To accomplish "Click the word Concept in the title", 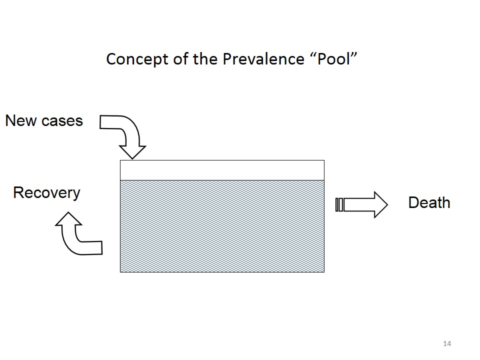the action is coord(137,59).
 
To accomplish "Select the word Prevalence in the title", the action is coord(263,59).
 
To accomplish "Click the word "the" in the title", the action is coord(205,58).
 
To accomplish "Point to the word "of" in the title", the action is coord(180,58).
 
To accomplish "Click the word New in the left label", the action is coord(20,120).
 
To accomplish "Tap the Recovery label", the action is coord(46,193).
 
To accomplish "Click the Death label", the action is coord(429,202).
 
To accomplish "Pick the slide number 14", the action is coord(447,343).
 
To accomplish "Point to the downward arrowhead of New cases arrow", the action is coord(132,152).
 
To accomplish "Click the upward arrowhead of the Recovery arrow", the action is coord(68,218).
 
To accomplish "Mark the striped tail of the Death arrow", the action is coord(339,205).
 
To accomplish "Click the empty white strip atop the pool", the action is coord(222,170).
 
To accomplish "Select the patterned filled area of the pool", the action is coord(222,226).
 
